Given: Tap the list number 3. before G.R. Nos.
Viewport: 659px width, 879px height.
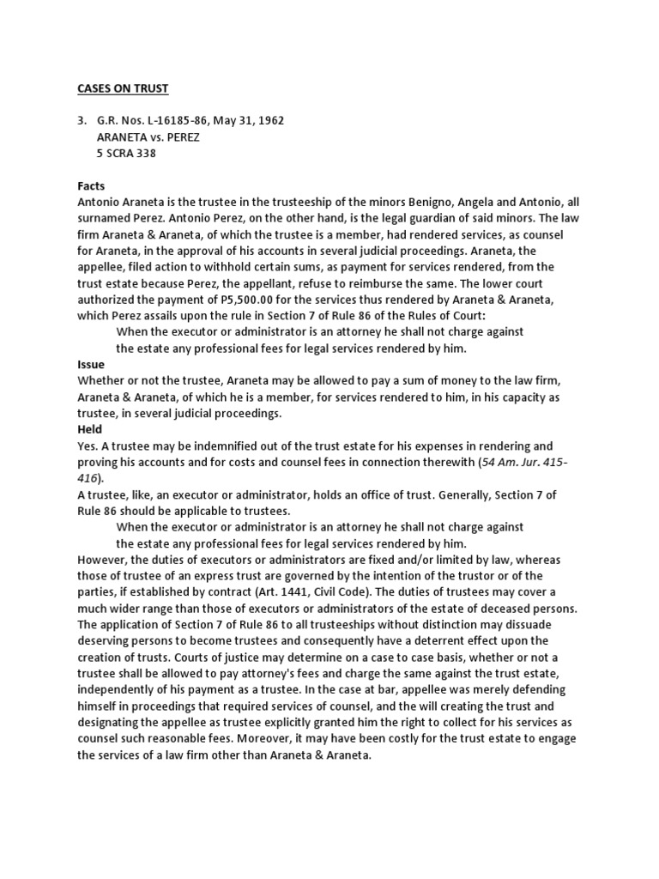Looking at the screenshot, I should (83, 121).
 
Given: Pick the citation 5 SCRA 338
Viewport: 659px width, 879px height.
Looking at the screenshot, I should (133, 154).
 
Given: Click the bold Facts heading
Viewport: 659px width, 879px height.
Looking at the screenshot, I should (93, 185).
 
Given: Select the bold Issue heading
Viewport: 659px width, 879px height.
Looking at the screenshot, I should (91, 364).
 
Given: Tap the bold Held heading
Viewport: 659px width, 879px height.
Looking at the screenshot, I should (90, 429).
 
